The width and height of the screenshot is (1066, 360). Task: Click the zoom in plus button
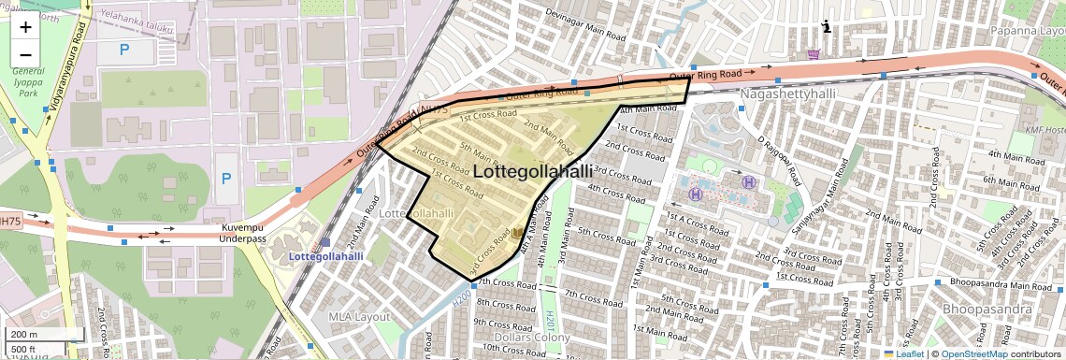(25, 26)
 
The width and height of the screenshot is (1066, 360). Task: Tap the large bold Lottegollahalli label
(533, 172)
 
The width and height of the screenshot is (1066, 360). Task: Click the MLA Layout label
(358, 316)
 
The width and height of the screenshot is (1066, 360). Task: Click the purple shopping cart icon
(814, 53)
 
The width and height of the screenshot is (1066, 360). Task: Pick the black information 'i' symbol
(826, 27)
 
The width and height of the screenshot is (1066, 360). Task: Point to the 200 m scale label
(24, 335)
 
